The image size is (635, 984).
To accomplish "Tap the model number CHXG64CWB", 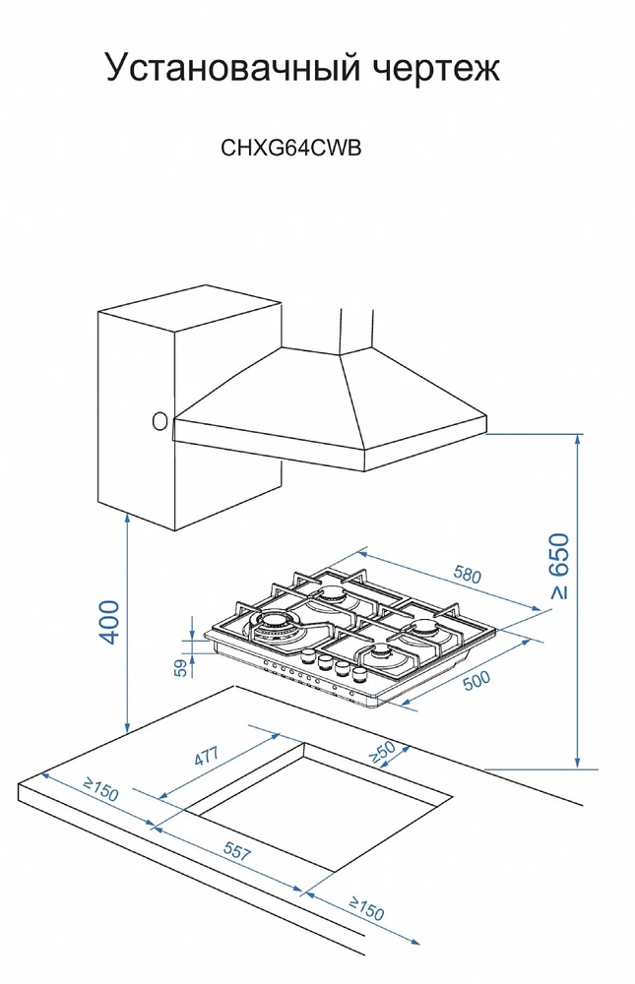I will tap(291, 149).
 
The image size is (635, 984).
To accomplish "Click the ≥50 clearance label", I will tap(381, 752).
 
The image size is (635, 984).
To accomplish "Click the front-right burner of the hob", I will tap(380, 653).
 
